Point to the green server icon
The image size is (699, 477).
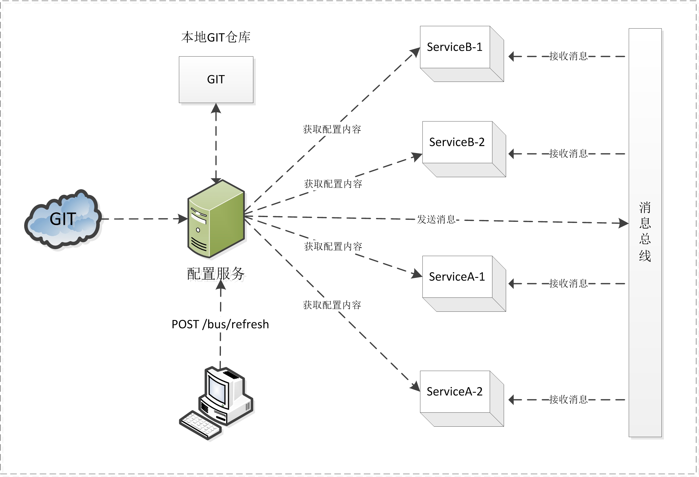coord(216,219)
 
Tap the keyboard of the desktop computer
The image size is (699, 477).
coord(200,424)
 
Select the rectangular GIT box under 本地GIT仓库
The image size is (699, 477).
coord(216,80)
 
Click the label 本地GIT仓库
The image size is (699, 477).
coord(216,37)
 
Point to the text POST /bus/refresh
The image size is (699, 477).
coord(220,325)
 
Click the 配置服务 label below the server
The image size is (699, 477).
coord(216,274)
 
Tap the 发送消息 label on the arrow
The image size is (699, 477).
coord(436,219)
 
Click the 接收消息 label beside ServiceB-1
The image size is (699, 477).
coord(568,56)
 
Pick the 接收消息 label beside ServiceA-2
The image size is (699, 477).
coord(568,399)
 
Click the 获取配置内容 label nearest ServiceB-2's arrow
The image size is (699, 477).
coord(333,184)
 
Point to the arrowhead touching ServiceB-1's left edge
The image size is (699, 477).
coord(416,52)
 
